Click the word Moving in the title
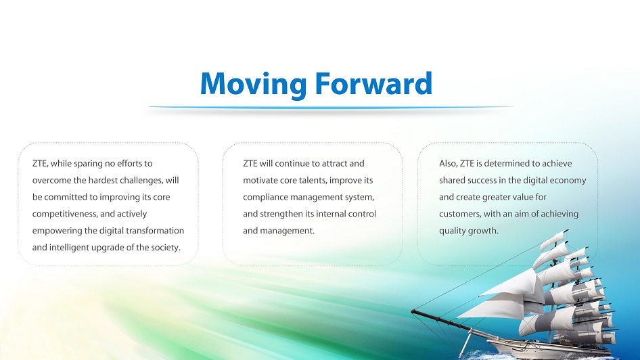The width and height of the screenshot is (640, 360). pos(253,84)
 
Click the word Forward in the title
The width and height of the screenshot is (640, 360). pos(373,83)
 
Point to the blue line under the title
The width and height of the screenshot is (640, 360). pos(329,108)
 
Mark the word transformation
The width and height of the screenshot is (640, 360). pos(155,231)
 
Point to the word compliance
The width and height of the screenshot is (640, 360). pos(264,198)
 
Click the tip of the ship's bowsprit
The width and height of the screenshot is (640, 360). pos(412,312)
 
